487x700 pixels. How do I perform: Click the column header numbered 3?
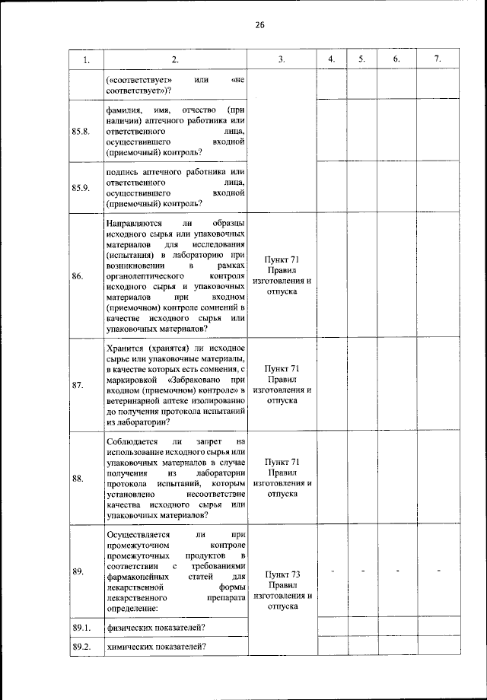(282, 60)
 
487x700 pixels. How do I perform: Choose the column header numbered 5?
(362, 60)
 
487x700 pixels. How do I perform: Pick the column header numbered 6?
(396, 60)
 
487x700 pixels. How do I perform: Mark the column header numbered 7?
(437, 60)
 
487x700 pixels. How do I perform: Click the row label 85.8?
(81, 131)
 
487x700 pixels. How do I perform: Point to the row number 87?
(78, 385)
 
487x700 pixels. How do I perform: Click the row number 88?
(78, 479)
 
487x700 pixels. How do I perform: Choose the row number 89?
(78, 570)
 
